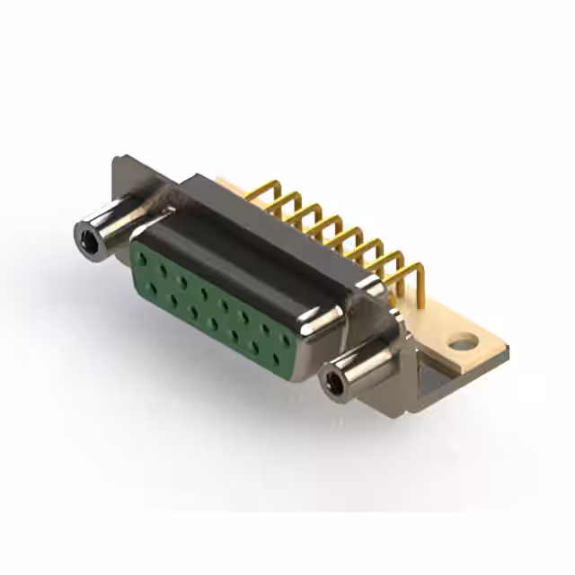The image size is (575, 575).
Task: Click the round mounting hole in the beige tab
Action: tap(462, 341)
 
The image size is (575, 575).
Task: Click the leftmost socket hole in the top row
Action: tap(143, 259)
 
